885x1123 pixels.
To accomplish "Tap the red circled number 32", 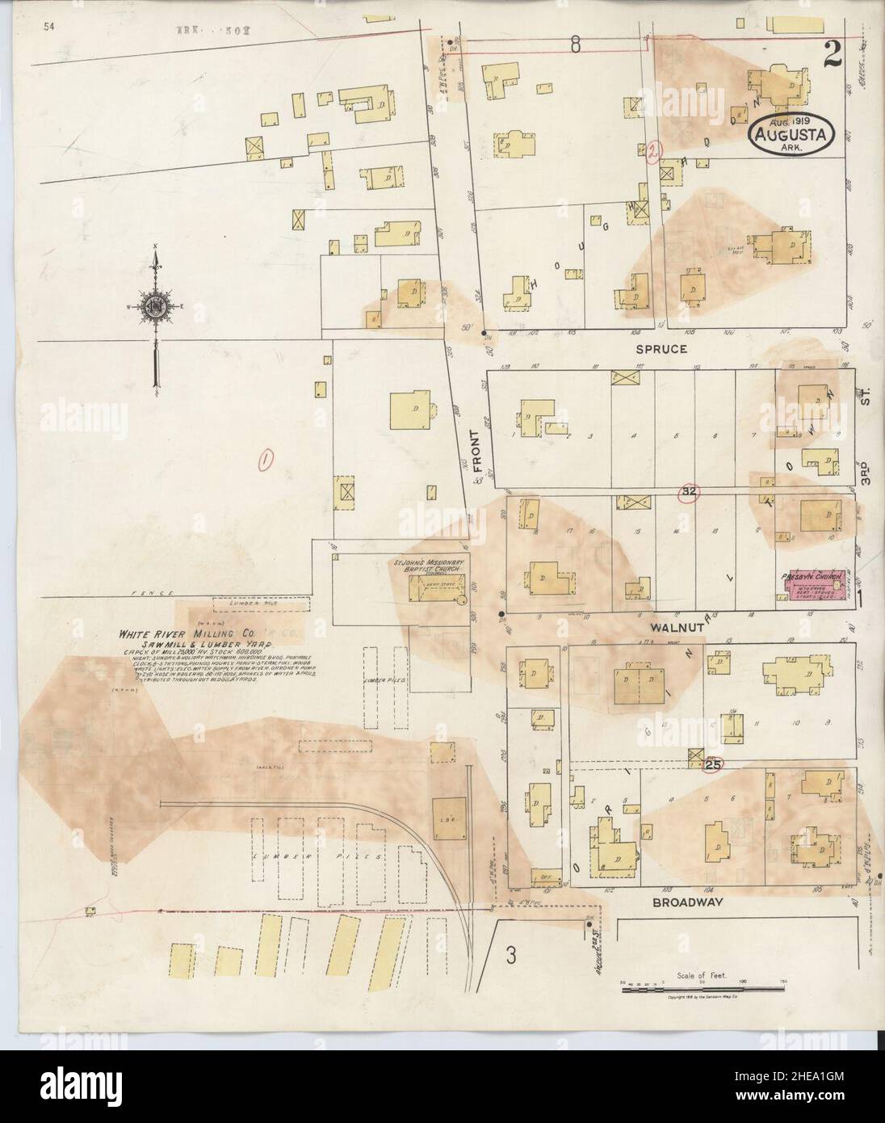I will click(689, 492).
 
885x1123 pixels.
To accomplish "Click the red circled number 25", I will click(712, 763).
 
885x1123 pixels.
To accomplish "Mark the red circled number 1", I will click(264, 460).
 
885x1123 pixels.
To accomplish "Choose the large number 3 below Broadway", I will click(510, 955).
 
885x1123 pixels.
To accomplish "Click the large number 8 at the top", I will click(575, 46).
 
